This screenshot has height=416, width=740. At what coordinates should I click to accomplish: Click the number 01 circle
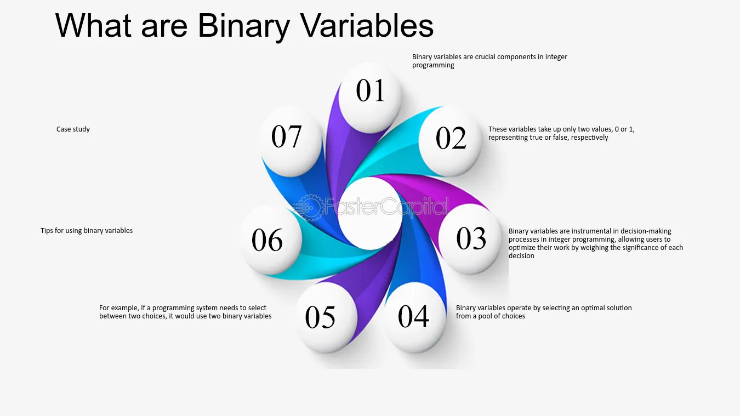370,98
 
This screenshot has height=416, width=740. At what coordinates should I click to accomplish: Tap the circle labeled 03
470,239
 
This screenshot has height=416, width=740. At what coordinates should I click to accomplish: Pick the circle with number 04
414,318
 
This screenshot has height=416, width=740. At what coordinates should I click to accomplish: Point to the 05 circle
326,318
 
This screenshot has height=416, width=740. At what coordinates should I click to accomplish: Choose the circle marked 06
270,239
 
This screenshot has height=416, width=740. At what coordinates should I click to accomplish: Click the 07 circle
291,141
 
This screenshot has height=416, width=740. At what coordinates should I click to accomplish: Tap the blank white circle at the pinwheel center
371,213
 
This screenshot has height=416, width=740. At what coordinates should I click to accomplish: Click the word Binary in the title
244,26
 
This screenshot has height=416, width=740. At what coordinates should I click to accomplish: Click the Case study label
73,129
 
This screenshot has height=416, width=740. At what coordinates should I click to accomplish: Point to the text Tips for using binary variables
87,231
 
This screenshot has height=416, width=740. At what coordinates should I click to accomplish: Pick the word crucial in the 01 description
485,57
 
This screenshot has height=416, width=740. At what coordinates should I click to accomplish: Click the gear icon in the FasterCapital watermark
310,208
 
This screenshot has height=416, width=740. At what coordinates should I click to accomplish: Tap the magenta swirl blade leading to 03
436,195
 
